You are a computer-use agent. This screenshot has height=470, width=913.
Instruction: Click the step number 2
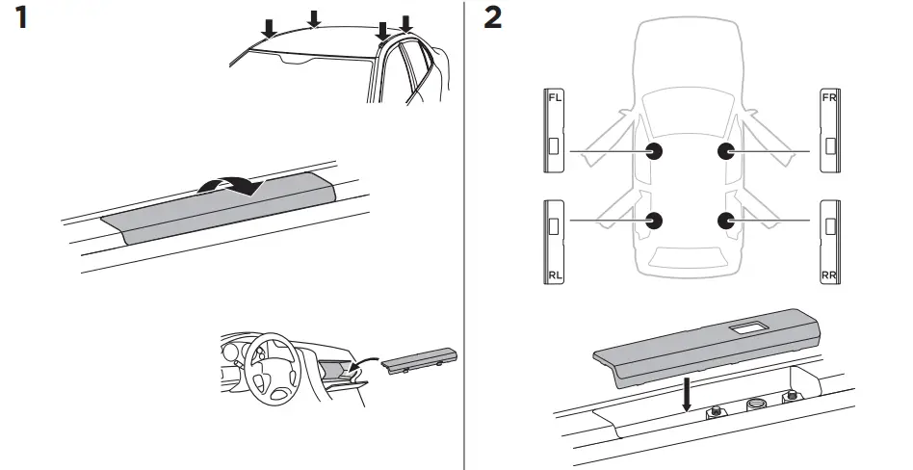pos(492,18)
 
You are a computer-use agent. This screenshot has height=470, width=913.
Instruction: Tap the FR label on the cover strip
pos(826,98)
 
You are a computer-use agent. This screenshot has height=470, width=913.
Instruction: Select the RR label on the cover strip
pos(826,274)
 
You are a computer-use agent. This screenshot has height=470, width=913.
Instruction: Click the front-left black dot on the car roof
pos(654,151)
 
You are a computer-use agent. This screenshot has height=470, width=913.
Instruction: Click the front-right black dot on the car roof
pos(726,151)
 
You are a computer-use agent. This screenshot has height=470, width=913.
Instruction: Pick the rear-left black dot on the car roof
pos(654,221)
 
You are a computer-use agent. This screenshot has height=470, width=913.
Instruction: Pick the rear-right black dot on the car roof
pos(726,221)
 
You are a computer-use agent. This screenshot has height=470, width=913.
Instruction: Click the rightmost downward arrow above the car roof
pos(405,24)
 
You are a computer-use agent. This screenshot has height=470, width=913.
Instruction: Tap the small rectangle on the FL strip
pos(553,147)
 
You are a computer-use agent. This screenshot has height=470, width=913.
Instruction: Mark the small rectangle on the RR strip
pos(830,226)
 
